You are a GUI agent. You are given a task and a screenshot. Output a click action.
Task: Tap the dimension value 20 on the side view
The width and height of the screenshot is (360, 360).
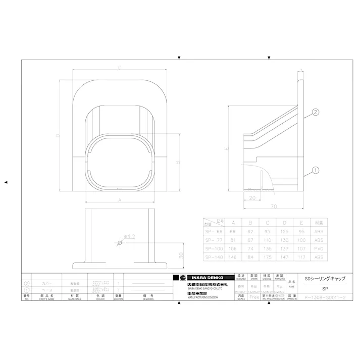(x=252, y=197)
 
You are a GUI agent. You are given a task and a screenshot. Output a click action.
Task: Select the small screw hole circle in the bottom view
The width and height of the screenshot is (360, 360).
(x=120, y=243)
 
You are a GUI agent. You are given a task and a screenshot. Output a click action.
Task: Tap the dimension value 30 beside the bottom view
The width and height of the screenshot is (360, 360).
(x=180, y=255)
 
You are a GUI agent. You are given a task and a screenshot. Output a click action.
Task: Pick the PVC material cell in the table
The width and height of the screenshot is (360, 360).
(x=319, y=248)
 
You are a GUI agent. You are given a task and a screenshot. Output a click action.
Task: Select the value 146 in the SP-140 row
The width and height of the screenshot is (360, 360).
(x=233, y=257)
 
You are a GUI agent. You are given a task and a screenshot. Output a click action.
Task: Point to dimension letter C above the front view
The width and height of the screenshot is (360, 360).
(x=119, y=67)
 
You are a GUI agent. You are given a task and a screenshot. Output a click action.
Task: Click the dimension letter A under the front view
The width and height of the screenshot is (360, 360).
(x=119, y=200)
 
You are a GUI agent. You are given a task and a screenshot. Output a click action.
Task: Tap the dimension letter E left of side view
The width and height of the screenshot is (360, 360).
(x=227, y=149)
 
